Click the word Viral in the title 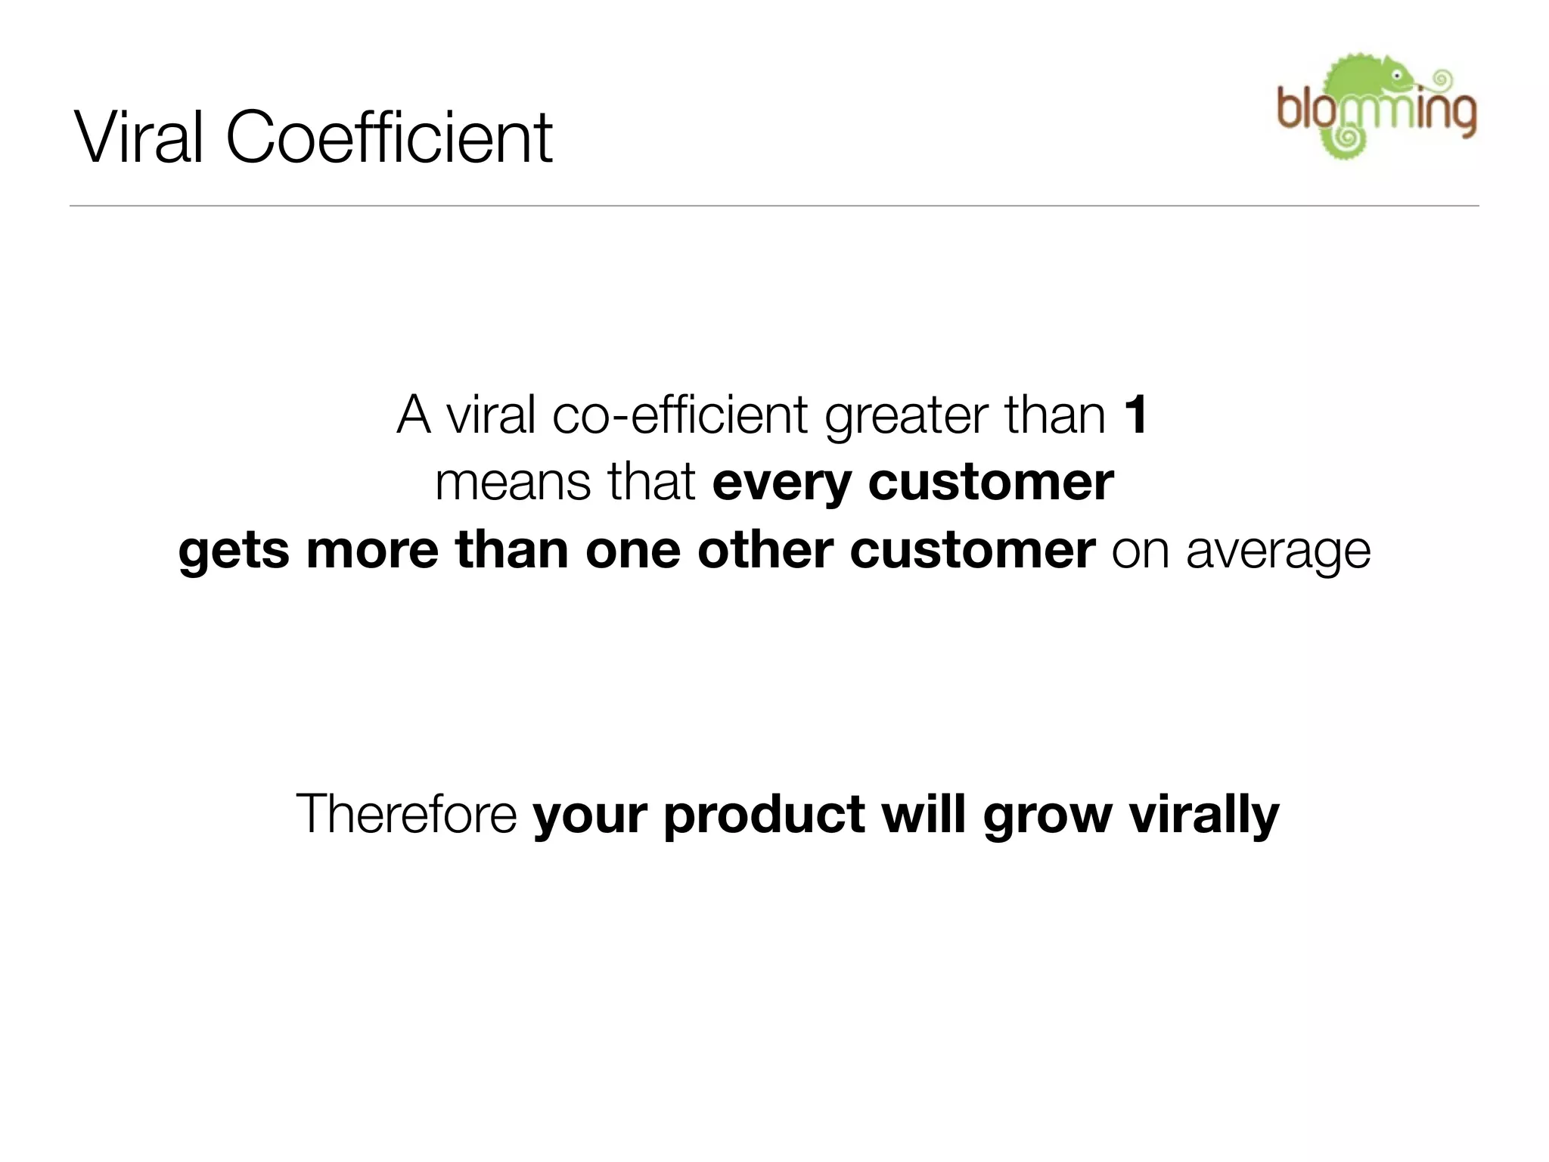tap(139, 138)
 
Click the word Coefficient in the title tap(389, 138)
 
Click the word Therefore tap(406, 814)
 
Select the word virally tap(1203, 816)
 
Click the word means tap(512, 483)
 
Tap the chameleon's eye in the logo tap(1396, 76)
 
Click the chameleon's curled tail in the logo tap(1346, 138)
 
